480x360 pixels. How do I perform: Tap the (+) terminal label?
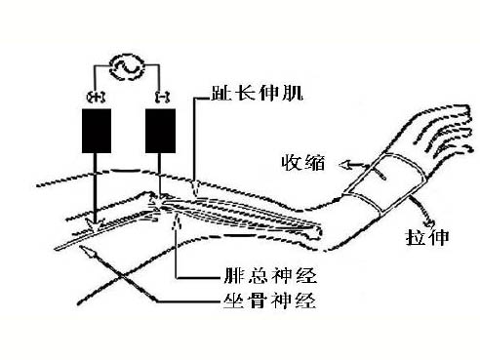tap(97, 95)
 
